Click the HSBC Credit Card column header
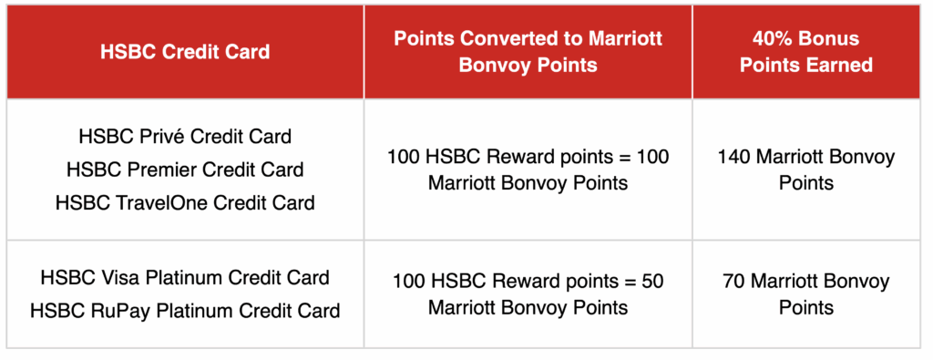coord(185,52)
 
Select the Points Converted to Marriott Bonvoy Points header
coord(528,52)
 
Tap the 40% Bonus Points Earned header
coord(805,52)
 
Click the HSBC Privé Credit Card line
coord(185,137)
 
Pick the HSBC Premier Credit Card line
coord(185,170)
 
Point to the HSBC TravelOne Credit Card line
coord(185,202)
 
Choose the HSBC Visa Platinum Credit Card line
coord(185,277)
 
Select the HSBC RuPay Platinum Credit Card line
coord(185,311)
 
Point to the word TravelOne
coord(160,202)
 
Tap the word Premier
coord(160,170)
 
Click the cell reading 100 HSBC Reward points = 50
coord(528,294)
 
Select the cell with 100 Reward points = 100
coord(528,170)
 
